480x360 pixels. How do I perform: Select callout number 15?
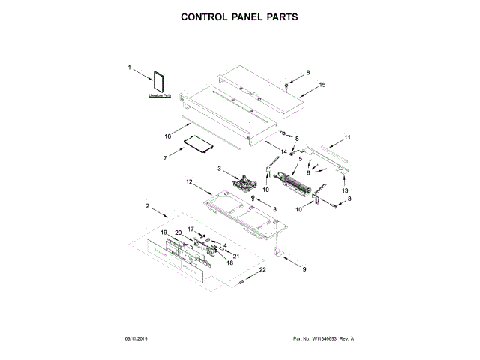322,85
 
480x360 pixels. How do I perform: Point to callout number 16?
169,136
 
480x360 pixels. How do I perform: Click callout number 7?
165,159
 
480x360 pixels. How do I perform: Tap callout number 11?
347,137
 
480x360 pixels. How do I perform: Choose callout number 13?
346,191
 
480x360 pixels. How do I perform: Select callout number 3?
220,170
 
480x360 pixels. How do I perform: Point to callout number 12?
189,182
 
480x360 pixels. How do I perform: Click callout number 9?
304,268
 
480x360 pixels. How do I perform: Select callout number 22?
262,269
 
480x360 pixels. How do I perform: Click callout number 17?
190,229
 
